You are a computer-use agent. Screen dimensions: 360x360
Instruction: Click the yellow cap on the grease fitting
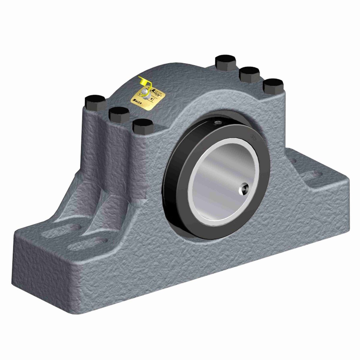click(143, 81)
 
